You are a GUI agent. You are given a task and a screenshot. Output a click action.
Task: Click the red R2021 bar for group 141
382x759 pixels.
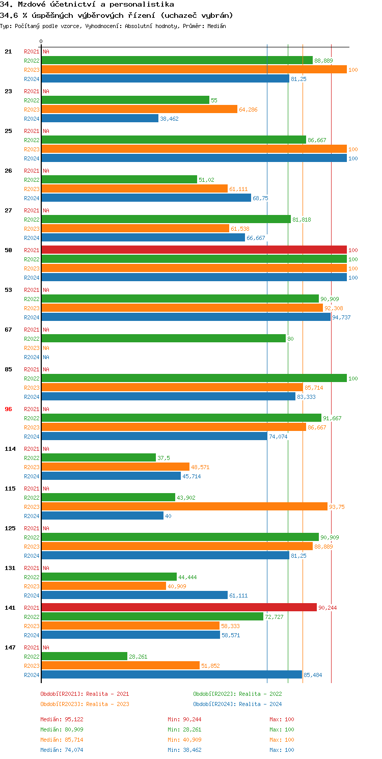pos(179,607)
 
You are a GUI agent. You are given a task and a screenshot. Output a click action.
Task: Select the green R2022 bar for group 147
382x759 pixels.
pos(85,656)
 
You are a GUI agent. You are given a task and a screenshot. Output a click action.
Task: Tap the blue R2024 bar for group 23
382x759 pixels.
pos(100,118)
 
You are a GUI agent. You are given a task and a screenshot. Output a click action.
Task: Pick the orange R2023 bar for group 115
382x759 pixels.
pos(184,506)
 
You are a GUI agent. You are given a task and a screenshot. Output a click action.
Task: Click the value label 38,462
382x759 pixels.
pos(169,119)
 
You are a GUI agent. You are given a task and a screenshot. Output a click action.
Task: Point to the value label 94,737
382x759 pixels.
pos(341,317)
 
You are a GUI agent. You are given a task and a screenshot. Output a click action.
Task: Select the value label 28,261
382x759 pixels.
pos(138,657)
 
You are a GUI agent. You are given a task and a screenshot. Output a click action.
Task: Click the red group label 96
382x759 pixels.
pos(8,409)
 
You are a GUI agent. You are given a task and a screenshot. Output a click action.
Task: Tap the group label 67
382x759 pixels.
pos(8,329)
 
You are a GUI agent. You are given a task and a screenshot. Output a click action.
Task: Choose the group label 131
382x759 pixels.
pos(10,567)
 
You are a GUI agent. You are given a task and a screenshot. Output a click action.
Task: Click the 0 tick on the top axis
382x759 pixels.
pos(41,41)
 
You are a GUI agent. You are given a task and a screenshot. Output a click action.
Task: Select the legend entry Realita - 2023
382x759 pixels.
pos(85,704)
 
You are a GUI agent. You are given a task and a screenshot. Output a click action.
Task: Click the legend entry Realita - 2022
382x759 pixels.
pos(237,694)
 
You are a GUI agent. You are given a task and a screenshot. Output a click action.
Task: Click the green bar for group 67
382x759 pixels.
pos(163,338)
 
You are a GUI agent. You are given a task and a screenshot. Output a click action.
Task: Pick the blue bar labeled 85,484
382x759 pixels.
pos(172,674)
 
